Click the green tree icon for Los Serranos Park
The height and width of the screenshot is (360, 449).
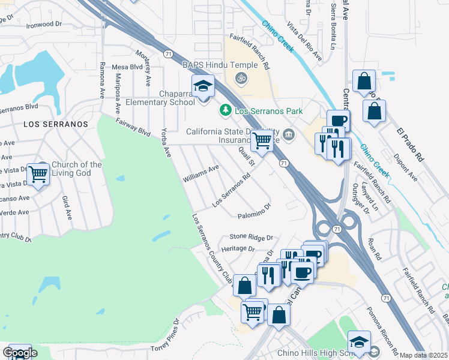point(225,110)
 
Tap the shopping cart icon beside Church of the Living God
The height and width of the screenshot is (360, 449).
point(38,175)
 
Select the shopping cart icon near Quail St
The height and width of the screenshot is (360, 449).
point(262,140)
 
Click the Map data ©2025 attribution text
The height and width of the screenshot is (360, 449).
point(424,355)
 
